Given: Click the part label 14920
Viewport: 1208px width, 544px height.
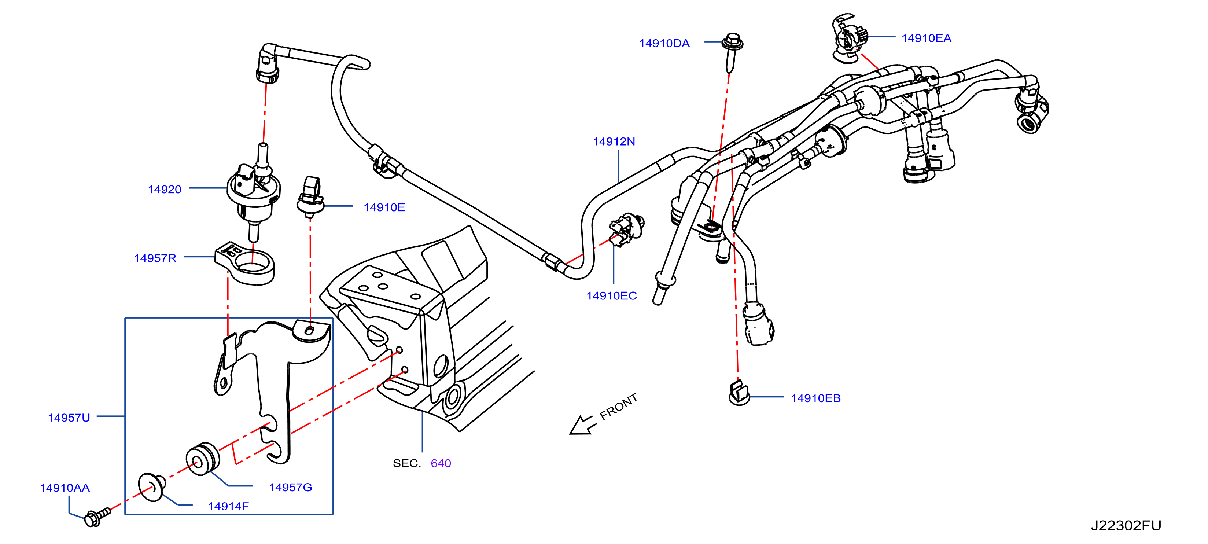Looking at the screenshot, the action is click(x=165, y=190).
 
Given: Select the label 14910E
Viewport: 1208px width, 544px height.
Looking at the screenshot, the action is click(x=384, y=207).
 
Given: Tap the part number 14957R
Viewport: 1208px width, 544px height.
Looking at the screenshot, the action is click(x=155, y=258).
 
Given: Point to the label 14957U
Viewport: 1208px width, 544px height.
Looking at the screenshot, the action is click(x=69, y=418).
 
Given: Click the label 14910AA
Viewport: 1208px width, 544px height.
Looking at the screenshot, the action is click(x=65, y=488).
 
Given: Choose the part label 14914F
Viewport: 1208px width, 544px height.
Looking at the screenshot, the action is click(x=228, y=506).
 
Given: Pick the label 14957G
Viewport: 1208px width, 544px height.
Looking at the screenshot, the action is click(x=290, y=487).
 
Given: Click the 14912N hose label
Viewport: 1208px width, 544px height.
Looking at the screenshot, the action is click(x=614, y=141).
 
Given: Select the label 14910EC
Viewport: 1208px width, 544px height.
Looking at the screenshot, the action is click(x=611, y=295).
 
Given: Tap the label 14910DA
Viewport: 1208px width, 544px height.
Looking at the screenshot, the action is click(x=664, y=43).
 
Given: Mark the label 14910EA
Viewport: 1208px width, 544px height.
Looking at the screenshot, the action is click(x=926, y=38).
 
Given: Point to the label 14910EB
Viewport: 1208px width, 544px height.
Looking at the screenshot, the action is click(x=816, y=398).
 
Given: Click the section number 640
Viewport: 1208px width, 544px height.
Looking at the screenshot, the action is click(x=441, y=463).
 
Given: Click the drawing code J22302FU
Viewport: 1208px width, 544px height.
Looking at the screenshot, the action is click(x=1126, y=525).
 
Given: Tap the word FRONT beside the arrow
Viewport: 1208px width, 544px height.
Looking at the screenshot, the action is click(x=619, y=406).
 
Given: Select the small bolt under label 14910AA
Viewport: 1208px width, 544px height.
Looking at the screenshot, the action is click(x=97, y=517).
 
